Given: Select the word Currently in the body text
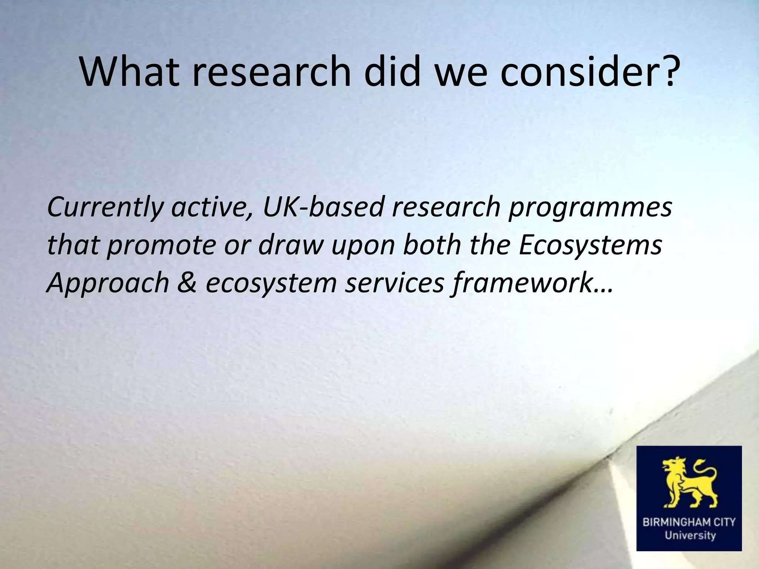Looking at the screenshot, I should pyautogui.click(x=105, y=207).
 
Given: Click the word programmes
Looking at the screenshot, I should pyautogui.click(x=590, y=208).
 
